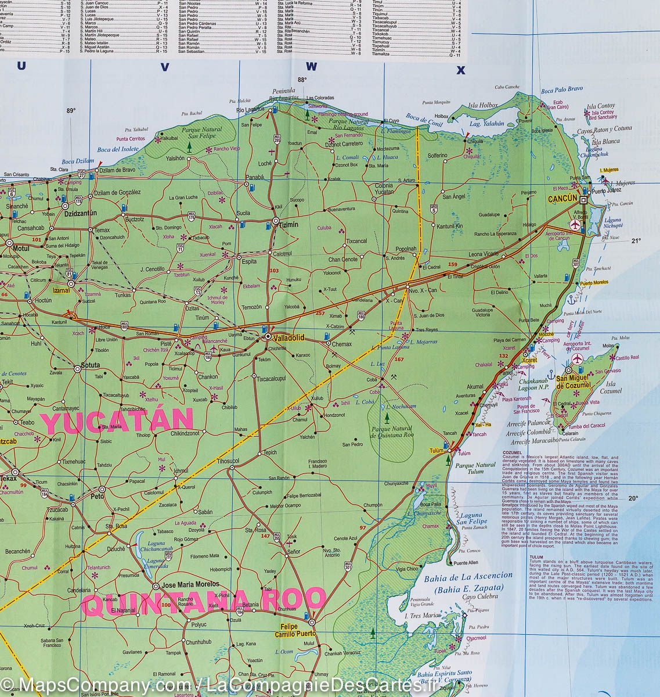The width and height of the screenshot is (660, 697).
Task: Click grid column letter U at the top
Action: pos(21,67)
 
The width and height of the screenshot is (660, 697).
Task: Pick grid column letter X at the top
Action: pos(461,71)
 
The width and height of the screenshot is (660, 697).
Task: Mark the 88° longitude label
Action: pos(301,80)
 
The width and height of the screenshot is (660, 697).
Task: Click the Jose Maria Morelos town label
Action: pos(190,584)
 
